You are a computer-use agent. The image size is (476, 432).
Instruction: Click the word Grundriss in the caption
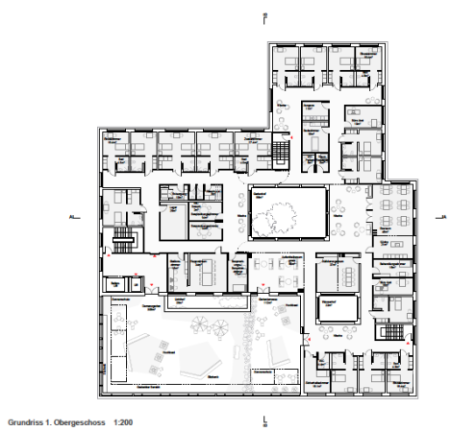[x=27, y=421]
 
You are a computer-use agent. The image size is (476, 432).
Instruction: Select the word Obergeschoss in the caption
[x=81, y=421]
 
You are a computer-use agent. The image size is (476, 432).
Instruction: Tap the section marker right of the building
[x=443, y=218]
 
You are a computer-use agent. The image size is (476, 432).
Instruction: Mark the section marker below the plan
[x=264, y=419]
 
